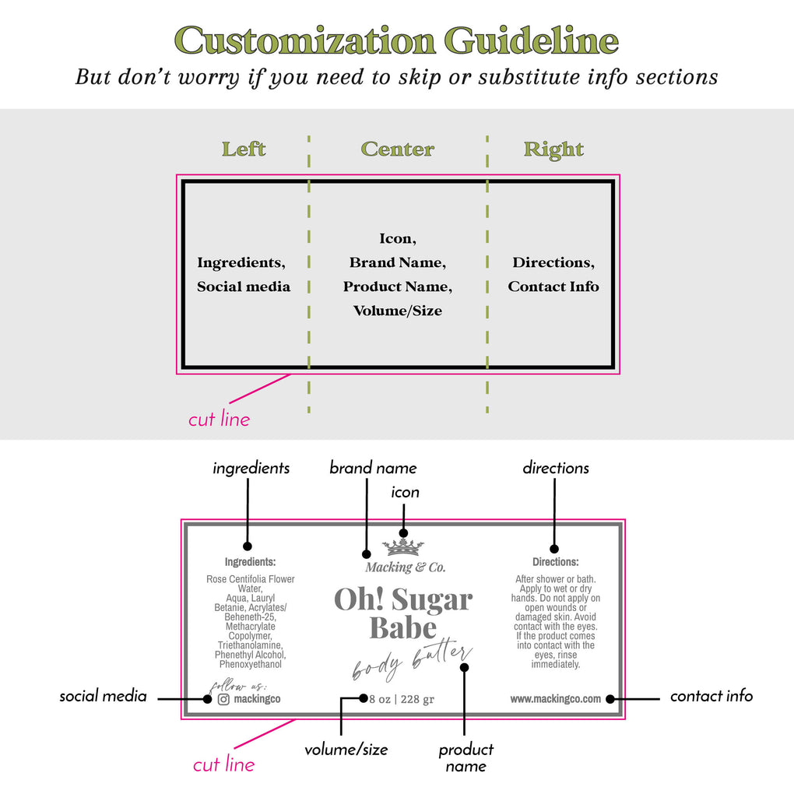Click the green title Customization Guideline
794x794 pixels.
(x=396, y=40)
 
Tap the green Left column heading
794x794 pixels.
(x=244, y=149)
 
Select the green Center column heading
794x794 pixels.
(x=398, y=149)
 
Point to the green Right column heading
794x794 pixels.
(x=553, y=150)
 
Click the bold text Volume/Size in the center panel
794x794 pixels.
(x=398, y=311)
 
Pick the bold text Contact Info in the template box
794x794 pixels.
(x=553, y=286)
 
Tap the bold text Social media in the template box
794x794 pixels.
(x=244, y=286)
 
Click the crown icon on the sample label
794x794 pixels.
(x=403, y=547)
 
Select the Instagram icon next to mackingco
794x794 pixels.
(x=223, y=699)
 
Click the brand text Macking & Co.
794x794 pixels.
(x=406, y=567)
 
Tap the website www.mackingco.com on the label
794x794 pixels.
(x=556, y=699)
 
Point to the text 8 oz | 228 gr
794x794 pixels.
(x=402, y=699)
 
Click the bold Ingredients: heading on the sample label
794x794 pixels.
(x=250, y=561)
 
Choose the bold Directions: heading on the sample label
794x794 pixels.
(x=556, y=561)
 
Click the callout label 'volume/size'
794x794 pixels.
(x=346, y=750)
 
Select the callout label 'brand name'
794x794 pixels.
(x=373, y=467)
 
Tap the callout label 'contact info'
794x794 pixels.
(x=711, y=696)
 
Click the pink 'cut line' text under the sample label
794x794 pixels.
(x=224, y=764)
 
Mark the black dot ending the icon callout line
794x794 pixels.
(x=403, y=532)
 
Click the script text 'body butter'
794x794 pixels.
(x=413, y=660)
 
